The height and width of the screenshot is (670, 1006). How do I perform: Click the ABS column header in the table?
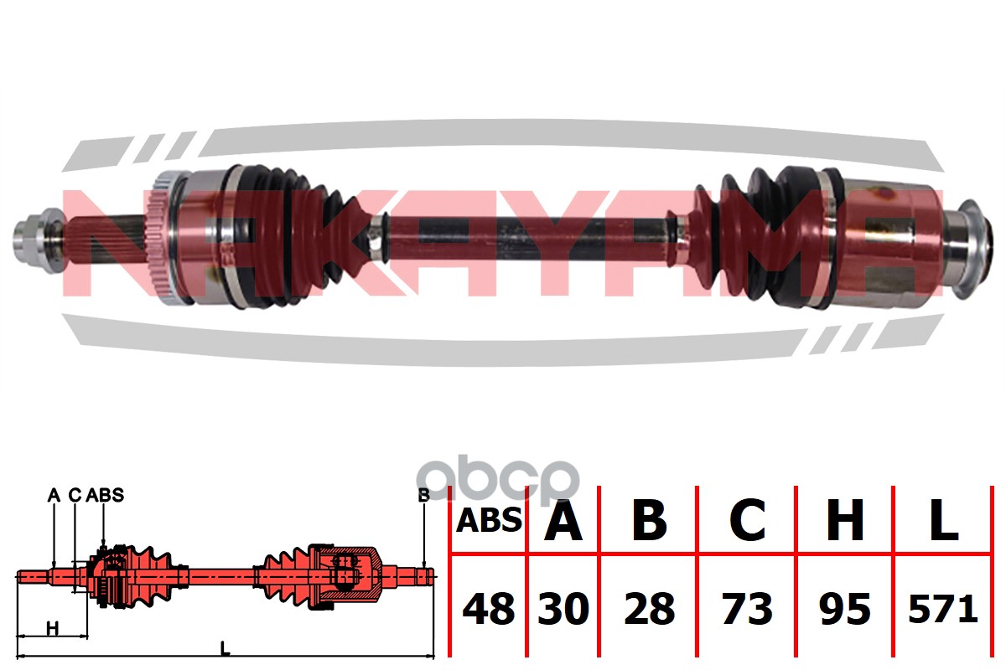click(x=489, y=522)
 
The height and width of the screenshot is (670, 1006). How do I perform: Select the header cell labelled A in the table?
click(x=563, y=521)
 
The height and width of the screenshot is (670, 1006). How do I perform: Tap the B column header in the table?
click(x=649, y=521)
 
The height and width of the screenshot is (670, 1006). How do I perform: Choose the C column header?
click(x=747, y=521)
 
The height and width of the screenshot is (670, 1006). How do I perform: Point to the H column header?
click(x=844, y=521)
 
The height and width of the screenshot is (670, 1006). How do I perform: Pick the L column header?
click(x=944, y=521)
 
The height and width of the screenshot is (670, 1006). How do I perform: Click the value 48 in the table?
click(x=489, y=609)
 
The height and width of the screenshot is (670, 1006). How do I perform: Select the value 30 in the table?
click(x=563, y=609)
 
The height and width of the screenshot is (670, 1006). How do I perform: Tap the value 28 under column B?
click(x=649, y=609)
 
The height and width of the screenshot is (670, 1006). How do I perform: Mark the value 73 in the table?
click(x=747, y=609)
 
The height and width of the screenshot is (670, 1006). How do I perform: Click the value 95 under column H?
click(x=844, y=609)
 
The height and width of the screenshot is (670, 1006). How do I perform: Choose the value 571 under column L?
click(x=944, y=609)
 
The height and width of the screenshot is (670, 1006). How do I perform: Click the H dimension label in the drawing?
click(x=52, y=627)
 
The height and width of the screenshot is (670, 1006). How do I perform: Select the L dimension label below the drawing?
click(x=224, y=647)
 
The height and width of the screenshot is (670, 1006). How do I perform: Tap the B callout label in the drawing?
click(x=423, y=495)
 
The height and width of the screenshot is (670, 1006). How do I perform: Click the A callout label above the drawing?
click(x=53, y=495)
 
